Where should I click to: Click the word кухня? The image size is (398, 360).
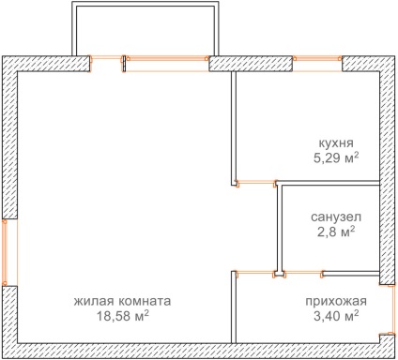(x=336, y=143)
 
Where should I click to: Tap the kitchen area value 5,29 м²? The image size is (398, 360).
(x=336, y=158)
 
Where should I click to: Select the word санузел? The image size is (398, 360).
(x=336, y=217)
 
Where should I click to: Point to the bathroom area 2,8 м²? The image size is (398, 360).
(x=336, y=232)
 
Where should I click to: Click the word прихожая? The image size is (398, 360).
(x=336, y=301)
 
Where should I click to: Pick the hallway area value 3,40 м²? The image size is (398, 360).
(x=336, y=316)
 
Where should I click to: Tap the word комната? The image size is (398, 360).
(x=145, y=301)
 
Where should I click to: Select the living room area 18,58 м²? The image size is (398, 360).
(x=122, y=316)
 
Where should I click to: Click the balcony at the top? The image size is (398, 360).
(x=145, y=30)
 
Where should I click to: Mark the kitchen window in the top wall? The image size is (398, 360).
(x=317, y=64)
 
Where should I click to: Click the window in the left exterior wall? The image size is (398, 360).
(x=9, y=252)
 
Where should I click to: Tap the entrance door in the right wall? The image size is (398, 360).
(x=390, y=308)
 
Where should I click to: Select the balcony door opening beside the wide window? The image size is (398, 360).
(x=106, y=64)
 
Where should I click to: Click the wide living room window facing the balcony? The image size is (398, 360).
(x=166, y=64)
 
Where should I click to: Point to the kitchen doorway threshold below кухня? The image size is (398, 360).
(x=256, y=182)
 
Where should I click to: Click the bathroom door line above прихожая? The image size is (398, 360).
(x=303, y=273)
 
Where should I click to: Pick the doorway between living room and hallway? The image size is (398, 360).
(x=255, y=273)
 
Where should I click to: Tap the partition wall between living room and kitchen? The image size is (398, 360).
(x=234, y=128)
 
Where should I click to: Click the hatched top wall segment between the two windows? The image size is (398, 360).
(x=251, y=64)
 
